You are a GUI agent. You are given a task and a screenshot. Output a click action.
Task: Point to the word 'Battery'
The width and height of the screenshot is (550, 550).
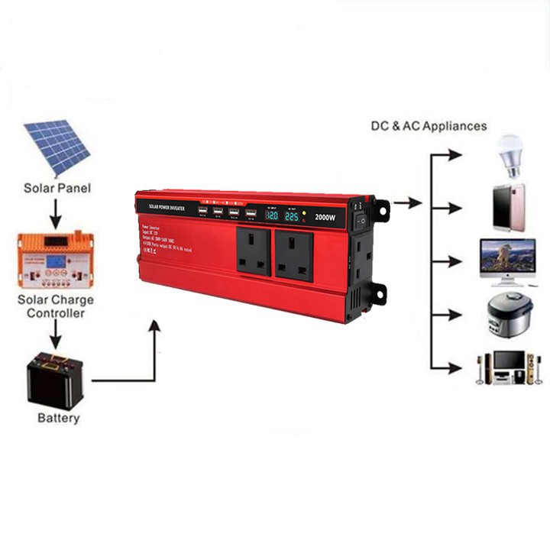pyautogui.click(x=58, y=419)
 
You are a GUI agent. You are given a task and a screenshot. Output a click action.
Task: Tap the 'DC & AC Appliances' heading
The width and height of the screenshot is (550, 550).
pyautogui.click(x=429, y=126)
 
